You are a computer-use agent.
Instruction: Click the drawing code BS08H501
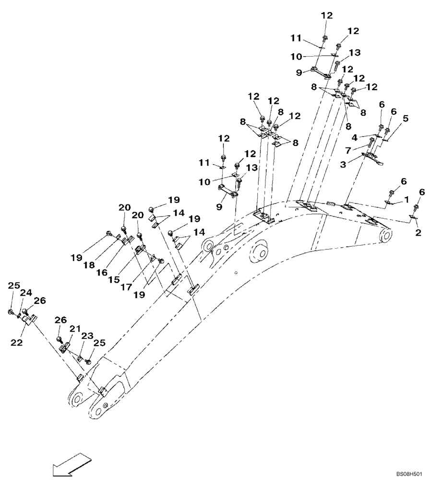coord(409,474)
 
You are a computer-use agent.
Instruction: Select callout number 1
coord(406,199)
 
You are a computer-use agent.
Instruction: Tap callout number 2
coord(418,233)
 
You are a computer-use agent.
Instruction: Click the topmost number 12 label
coord(326,15)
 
